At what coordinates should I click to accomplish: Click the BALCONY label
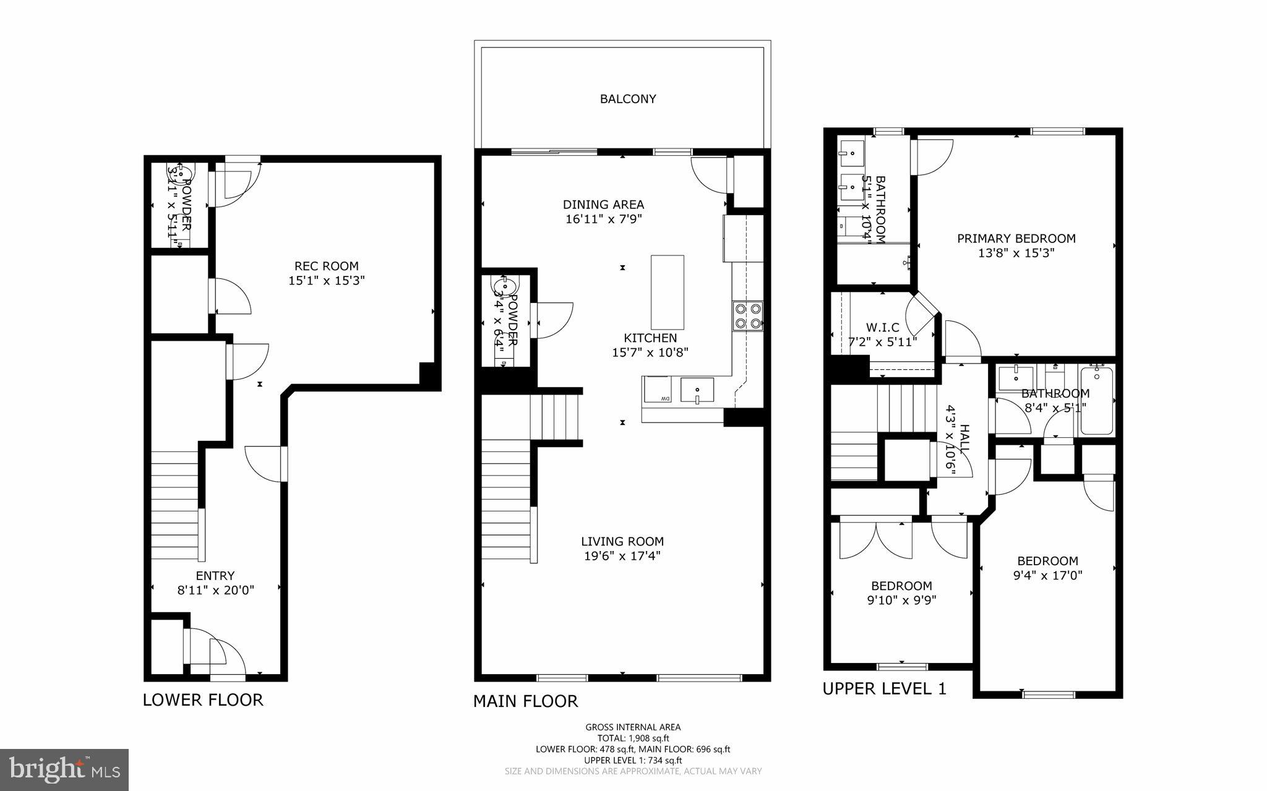point(627,99)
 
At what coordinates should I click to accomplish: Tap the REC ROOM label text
point(326,266)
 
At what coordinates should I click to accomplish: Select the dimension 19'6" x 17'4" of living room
point(622,556)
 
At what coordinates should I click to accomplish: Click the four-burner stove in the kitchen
point(747,316)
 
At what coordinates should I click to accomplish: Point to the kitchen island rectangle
point(668,292)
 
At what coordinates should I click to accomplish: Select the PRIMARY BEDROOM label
point(1016,238)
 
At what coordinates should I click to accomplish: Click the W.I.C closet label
point(882,327)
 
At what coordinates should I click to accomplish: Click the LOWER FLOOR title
point(203,699)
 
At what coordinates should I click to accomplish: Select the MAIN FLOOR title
point(525,701)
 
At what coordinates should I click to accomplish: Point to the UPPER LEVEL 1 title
point(884,688)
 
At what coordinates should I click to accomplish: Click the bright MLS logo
point(64,769)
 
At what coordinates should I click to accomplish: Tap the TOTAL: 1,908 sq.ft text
point(633,738)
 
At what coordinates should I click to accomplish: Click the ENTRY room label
point(215,576)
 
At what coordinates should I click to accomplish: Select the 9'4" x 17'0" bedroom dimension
point(1047,575)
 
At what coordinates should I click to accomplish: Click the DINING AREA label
point(603,204)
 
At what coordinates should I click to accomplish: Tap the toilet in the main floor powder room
point(504,287)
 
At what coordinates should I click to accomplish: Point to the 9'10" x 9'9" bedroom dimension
point(901,600)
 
